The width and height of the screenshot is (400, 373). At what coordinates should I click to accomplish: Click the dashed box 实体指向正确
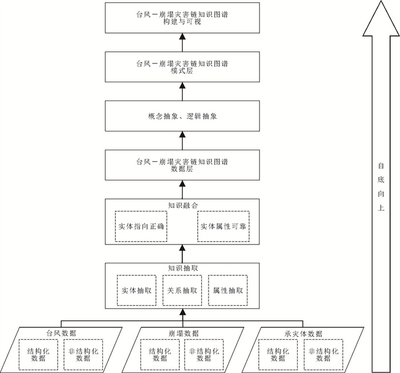(140, 227)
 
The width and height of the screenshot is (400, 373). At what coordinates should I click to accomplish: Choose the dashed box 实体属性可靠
(223, 227)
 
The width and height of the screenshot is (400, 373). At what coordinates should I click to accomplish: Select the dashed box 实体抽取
(137, 290)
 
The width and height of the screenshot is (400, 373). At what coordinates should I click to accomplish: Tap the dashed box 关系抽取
(182, 290)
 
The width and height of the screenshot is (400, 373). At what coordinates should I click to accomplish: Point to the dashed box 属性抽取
(228, 290)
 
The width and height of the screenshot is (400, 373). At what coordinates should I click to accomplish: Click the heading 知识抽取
(182, 267)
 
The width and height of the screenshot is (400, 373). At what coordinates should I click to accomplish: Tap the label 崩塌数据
(183, 333)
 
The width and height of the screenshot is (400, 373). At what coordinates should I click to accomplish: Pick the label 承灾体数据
(303, 333)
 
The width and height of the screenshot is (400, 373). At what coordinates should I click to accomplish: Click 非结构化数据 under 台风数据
(83, 355)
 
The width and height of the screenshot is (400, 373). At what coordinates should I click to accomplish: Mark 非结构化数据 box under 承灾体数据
(323, 355)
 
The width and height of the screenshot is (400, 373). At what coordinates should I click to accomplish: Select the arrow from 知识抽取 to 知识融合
(182, 252)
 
